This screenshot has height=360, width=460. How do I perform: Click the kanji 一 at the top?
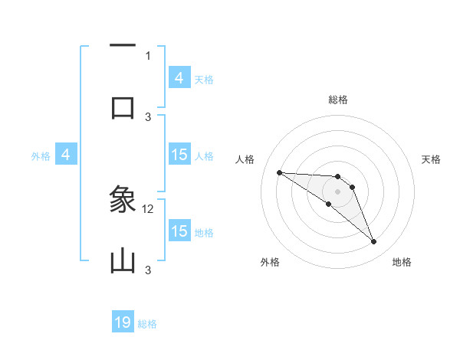point(123,46)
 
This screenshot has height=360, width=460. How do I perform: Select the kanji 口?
point(123,107)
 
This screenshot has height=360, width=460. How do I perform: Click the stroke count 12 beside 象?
point(149,208)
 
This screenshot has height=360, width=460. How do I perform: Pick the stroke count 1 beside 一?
point(148,55)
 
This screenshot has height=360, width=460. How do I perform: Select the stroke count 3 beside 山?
point(148,270)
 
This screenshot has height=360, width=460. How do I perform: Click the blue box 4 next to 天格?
point(179,77)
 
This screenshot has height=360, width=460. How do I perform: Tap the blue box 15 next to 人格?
point(179,155)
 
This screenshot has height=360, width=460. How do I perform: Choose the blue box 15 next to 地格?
point(179,231)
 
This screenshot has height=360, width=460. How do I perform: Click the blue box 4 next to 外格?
point(65,155)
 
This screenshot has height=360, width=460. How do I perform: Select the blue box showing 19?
point(123,322)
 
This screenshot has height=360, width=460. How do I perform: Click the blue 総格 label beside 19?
point(147,324)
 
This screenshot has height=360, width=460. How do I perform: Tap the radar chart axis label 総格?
point(337,100)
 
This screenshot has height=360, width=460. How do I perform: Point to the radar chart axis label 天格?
point(431,159)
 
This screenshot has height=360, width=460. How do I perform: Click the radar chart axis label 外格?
point(270,262)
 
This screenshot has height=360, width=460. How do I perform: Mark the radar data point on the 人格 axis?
point(279,172)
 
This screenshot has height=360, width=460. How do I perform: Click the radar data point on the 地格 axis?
point(373,242)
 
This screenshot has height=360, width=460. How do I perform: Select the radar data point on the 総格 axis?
point(337,176)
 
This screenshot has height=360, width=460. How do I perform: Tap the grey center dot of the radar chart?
point(337,191)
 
